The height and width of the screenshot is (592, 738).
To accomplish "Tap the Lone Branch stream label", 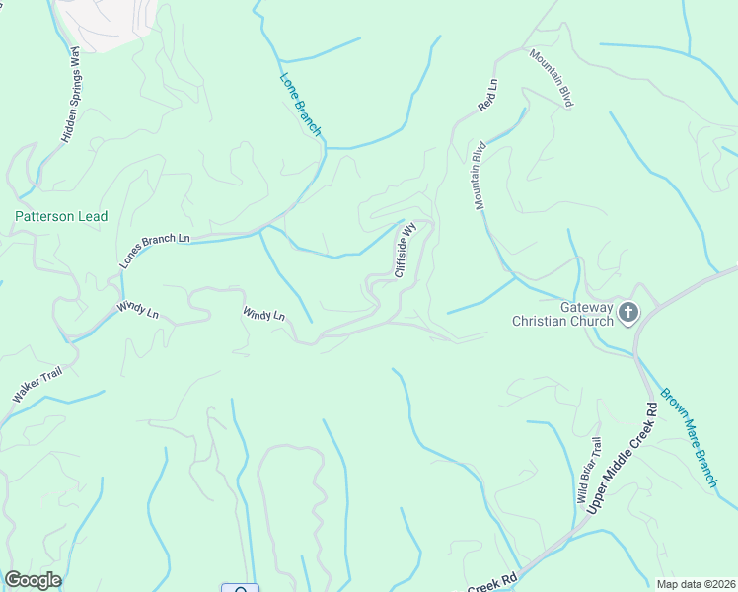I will pos(301,104).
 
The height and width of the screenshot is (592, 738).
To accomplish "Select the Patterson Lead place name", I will pos(61,216).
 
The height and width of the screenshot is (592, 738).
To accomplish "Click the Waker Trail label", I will pos(37,382).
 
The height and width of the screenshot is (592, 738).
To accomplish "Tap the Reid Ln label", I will pos(488,93).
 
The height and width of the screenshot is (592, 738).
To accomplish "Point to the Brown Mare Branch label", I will pos(687,434).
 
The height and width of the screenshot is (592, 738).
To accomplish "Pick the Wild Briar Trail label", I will pos(588,471).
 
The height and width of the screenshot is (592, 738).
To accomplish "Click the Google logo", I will pos(33,580).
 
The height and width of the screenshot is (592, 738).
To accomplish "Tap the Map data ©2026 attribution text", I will pos(696,584).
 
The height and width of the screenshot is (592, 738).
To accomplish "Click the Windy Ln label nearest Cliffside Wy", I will pos(263,314).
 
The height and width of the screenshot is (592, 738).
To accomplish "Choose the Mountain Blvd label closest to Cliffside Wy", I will pos(480,176).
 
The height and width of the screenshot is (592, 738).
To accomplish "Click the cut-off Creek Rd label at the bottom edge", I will pos(493,584).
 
